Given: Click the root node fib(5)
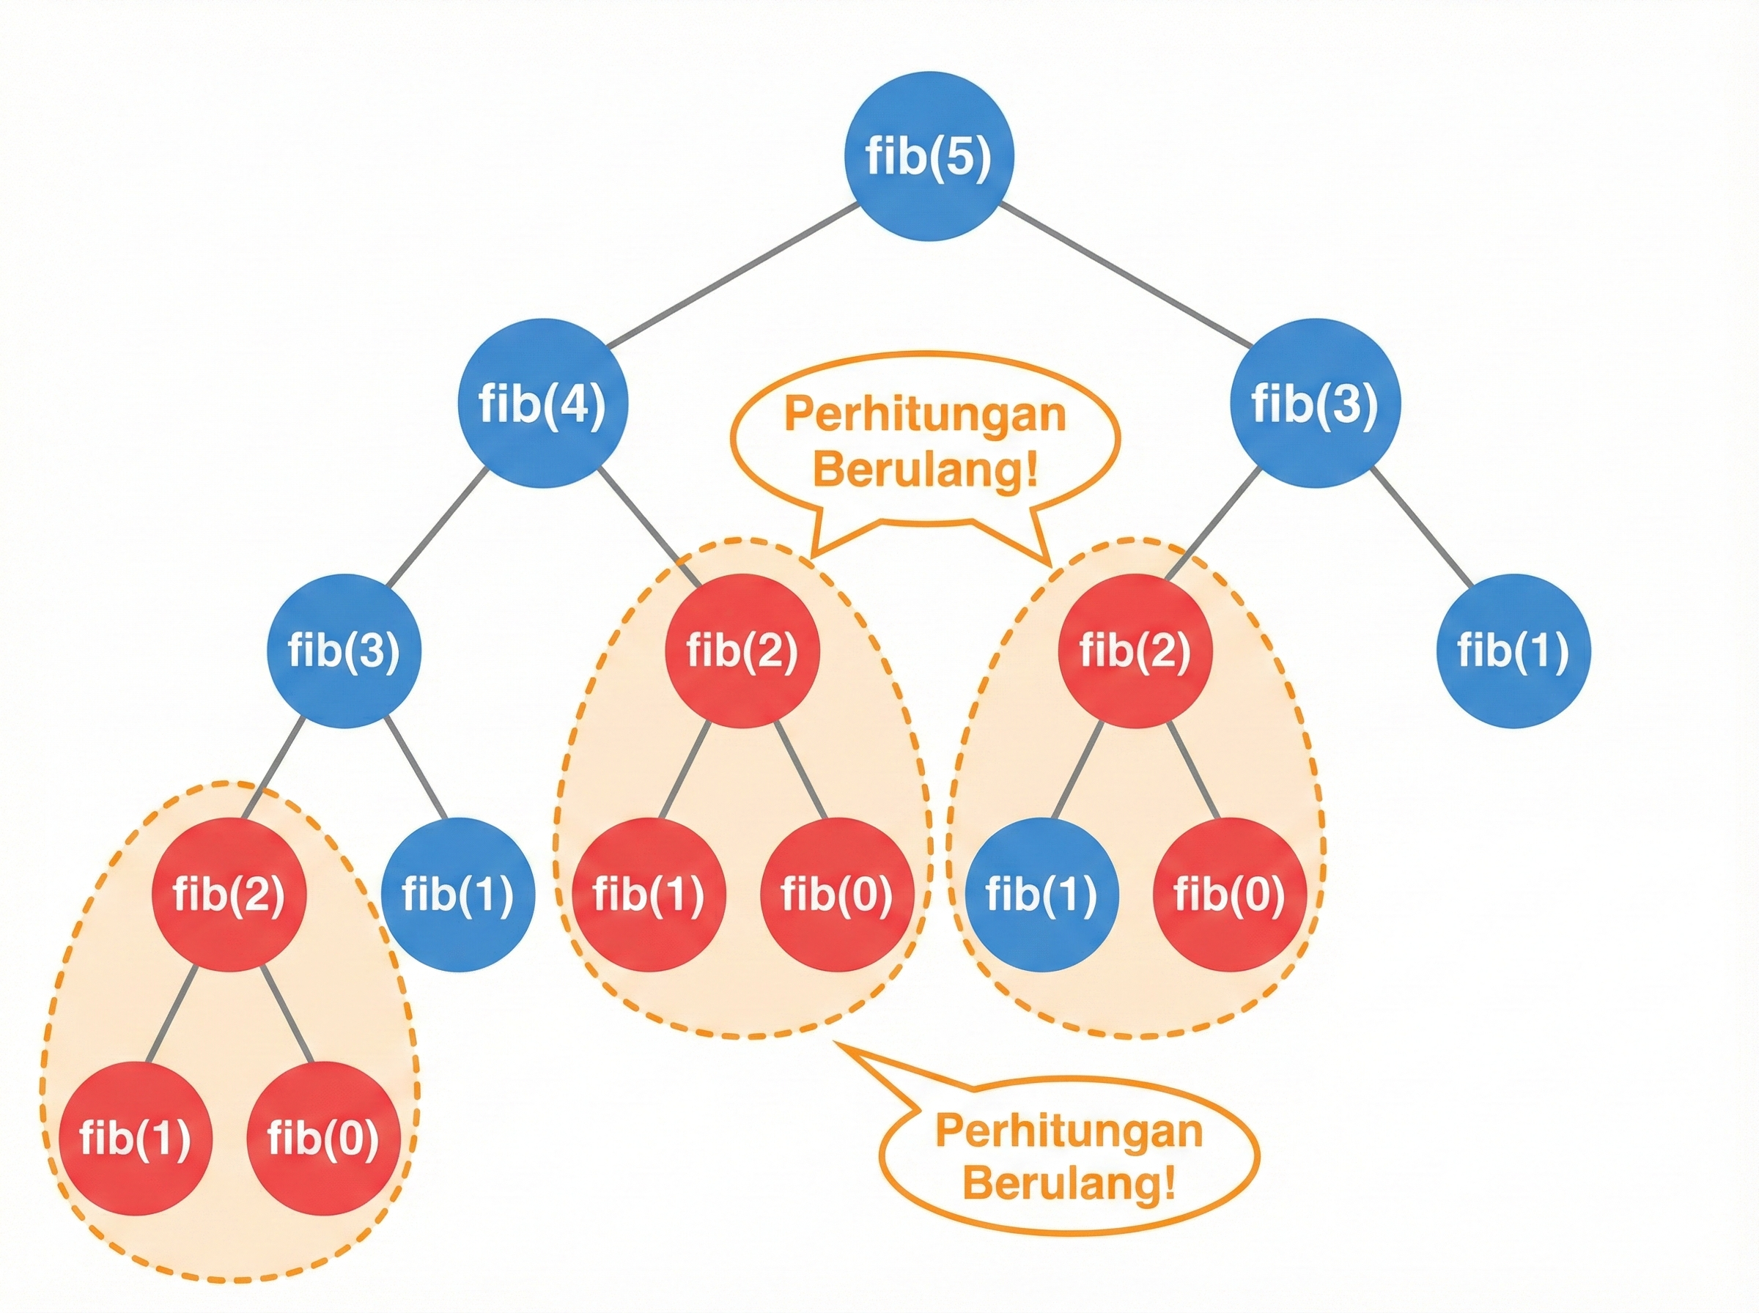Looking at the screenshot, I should pos(929,156).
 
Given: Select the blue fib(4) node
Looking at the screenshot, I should pos(543,403).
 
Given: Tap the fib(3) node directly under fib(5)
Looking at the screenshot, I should pos(1315,403).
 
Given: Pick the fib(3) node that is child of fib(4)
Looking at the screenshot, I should pos(344,650).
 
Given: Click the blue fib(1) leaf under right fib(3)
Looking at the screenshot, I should pos(1513,650).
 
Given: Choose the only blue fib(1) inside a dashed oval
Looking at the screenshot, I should pos(1041,894).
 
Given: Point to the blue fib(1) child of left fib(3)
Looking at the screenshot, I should pos(458,894).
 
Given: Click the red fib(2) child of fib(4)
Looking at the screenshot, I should pos(742,650).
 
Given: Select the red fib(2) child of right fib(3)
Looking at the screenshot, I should pos(1135,650).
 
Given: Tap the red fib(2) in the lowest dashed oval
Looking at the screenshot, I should pos(229,894).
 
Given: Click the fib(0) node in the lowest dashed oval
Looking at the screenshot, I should pos(322,1138).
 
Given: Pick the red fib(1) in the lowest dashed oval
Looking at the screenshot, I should pos(135,1138).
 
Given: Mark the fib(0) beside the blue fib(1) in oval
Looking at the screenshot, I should pos(1229,894).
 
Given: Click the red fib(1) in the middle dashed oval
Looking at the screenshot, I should pos(649,894).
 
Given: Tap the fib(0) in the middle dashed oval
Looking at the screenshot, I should pos(836,894).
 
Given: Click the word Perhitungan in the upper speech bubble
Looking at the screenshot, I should pos(924,415).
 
